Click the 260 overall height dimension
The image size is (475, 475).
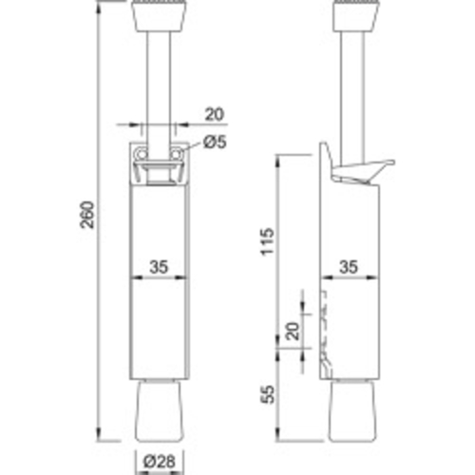86,215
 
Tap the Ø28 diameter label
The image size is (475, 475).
160,461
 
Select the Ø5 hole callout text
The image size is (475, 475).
215,142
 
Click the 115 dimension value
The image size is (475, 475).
267,241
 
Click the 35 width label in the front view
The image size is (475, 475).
159,267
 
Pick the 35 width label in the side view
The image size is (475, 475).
349,267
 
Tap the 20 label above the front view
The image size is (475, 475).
215,114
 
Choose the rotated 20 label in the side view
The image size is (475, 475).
292,332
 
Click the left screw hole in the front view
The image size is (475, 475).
142,155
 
